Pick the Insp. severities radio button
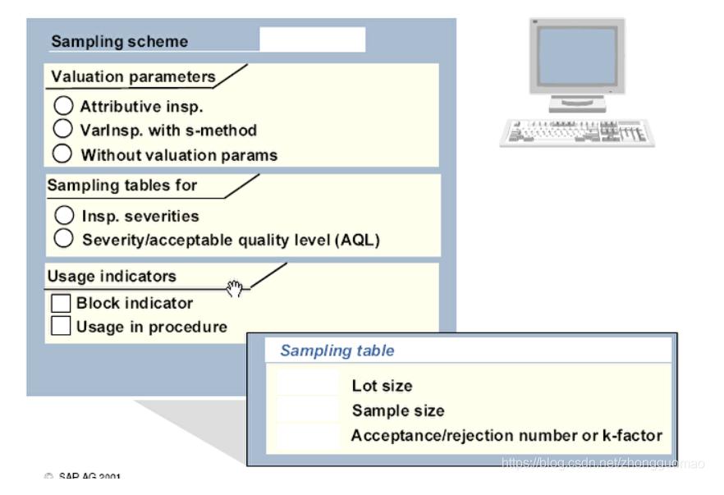tap(65, 216)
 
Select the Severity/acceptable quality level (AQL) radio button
tap(65, 240)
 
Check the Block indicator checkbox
tap(62, 303)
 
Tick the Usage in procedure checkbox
tap(62, 326)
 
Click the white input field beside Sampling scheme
tap(312, 39)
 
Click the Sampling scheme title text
tap(120, 42)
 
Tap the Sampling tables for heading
tap(122, 186)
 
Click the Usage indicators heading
tap(112, 277)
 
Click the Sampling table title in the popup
tap(337, 351)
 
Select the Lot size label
tap(382, 386)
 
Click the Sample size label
tap(398, 410)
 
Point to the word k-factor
tap(633, 436)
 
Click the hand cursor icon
tap(236, 288)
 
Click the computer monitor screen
tap(575, 57)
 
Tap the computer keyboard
tap(576, 132)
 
